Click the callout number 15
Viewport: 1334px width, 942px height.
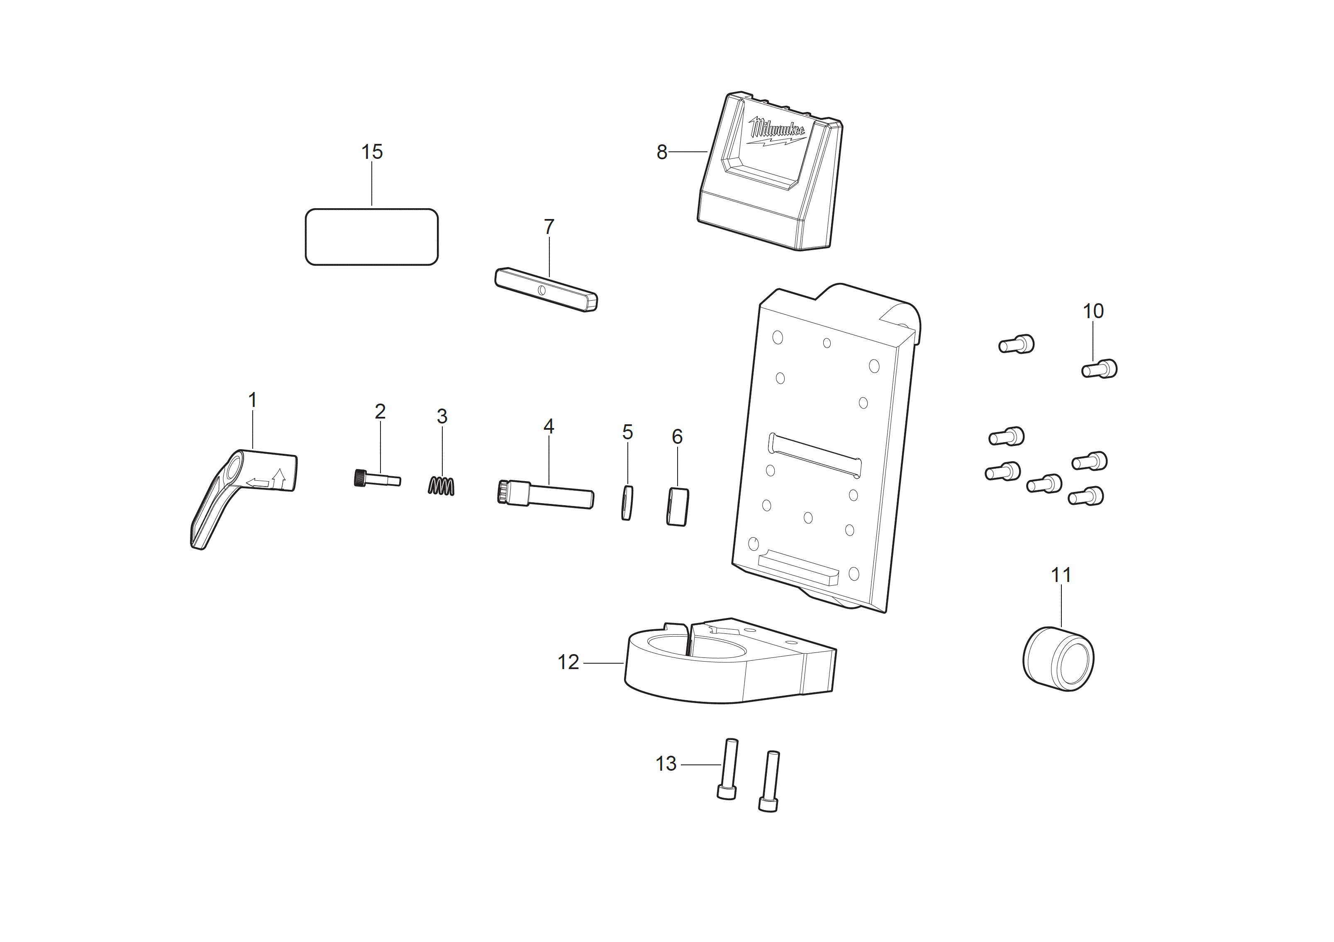tap(372, 152)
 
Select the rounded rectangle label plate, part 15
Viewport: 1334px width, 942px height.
tap(372, 237)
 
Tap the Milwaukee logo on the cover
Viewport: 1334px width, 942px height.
tap(776, 131)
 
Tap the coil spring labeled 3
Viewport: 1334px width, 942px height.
tap(441, 486)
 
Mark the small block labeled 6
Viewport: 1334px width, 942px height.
tap(678, 507)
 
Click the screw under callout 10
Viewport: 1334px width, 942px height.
tap(1099, 369)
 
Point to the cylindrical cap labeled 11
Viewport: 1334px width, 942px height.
tap(1058, 659)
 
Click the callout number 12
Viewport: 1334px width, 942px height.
tap(568, 662)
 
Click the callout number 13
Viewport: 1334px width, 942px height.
tap(666, 764)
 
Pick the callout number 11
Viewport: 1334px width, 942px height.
tap(1061, 575)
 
